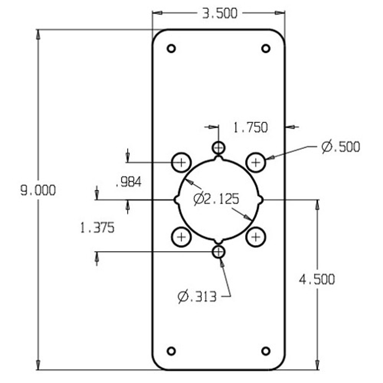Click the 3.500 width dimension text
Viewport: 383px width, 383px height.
click(x=220, y=14)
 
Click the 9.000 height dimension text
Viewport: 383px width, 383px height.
click(x=38, y=191)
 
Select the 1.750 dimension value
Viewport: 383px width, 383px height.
click(x=250, y=127)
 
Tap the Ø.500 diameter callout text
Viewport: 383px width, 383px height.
click(x=341, y=147)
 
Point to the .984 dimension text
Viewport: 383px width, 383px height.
click(x=129, y=182)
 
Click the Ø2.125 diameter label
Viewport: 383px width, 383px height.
click(x=216, y=199)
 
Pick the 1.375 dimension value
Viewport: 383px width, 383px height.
click(x=97, y=228)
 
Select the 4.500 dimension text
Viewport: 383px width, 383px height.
click(x=317, y=279)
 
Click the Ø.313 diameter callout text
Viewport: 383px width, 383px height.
click(x=197, y=297)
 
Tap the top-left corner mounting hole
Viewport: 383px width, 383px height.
click(x=171, y=48)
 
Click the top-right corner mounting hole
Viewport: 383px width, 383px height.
click(x=266, y=48)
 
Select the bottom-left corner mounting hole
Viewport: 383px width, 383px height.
click(x=171, y=351)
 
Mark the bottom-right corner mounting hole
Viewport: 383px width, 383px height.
click(x=266, y=351)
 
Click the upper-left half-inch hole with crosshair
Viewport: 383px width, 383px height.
click(x=181, y=162)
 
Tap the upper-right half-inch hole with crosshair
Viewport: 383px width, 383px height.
click(x=256, y=162)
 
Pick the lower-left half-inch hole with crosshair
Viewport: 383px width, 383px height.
click(x=181, y=237)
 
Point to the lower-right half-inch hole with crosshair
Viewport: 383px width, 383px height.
click(x=256, y=237)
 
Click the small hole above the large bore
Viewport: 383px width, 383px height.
click(x=218, y=147)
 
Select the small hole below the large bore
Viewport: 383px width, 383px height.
click(x=218, y=252)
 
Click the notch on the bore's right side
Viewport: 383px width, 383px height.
click(x=260, y=200)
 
